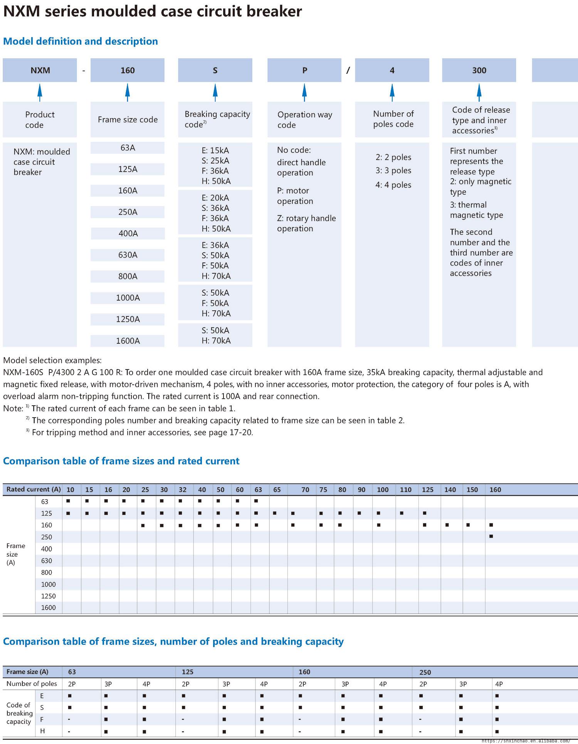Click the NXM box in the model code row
pos(40,70)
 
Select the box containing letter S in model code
pos(215,70)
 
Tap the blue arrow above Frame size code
pos(128,92)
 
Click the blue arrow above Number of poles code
pos(392,92)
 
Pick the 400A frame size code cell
pos(128,233)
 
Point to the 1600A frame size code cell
pos(128,341)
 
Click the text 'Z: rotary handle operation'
pos(306,223)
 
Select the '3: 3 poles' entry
pos(393,171)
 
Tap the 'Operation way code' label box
pos(304,120)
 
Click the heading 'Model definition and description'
pos(81,41)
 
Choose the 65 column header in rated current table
pos(277,490)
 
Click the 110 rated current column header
pos(405,490)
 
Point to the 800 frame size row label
pos(47,572)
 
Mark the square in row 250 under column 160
pos(491,536)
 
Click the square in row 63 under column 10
pos(68,501)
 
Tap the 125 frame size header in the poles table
pos(188,672)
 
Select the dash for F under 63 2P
pos(69,719)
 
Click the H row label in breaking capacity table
pos(42,731)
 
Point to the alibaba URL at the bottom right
pos(526,741)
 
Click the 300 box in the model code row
pos(479,70)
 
